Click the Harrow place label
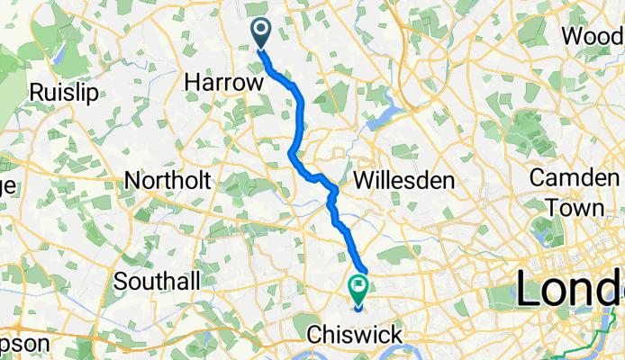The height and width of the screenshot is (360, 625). (225, 83)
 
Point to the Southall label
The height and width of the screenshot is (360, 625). (158, 282)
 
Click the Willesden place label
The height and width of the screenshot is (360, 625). (403, 181)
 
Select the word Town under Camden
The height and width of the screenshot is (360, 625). (579, 207)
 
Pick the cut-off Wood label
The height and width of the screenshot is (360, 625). (593, 37)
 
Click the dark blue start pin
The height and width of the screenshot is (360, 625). (261, 33)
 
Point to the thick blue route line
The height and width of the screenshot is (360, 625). (300, 117)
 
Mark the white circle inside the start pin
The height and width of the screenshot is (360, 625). (261, 31)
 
